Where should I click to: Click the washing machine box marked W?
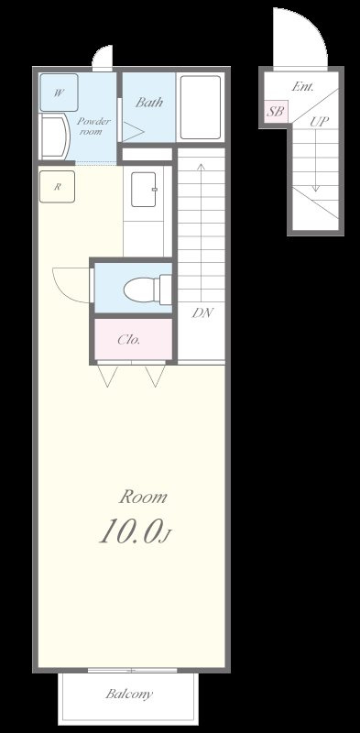59,93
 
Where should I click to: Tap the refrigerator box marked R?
57,187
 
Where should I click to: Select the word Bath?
149,103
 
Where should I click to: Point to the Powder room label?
93,126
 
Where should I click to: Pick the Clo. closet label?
128,340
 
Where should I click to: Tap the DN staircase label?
202,312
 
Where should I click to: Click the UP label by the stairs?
319,122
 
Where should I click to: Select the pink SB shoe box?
276,112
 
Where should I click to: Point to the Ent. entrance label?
303,86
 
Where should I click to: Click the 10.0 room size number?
129,531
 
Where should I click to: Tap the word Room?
143,497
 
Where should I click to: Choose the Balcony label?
129,694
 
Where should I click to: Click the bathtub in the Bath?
201,107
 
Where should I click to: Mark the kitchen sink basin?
144,190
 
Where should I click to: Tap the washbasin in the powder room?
55,137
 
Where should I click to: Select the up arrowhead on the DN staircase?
201,167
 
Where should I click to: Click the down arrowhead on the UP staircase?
316,188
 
